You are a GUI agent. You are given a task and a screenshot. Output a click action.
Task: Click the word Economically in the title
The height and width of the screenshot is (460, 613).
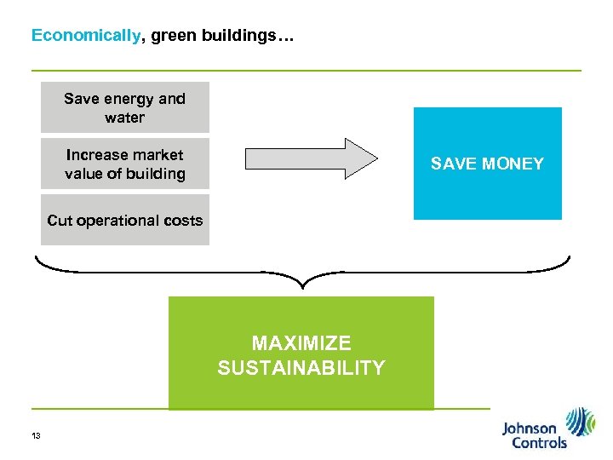86,36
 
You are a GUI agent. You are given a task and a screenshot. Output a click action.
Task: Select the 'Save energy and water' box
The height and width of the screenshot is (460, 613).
125,107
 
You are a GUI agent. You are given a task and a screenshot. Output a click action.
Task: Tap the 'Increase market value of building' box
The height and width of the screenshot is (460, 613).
125,164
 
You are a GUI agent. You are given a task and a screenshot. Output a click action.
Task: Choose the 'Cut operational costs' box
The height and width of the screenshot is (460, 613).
125,221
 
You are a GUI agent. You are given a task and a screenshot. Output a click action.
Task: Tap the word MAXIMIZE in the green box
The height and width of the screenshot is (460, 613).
301,343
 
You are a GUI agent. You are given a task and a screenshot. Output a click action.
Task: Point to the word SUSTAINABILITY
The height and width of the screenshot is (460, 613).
301,368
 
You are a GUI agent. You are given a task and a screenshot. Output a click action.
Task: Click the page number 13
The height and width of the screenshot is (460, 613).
36,436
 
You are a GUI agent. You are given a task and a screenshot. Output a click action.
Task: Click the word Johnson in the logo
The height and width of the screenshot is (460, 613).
529,429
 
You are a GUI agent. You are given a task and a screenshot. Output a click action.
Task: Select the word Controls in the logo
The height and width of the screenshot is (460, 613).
535,443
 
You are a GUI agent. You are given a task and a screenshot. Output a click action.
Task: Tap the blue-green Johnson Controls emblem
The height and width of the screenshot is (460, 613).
581,423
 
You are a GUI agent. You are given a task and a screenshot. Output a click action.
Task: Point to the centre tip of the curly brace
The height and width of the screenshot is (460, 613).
302,287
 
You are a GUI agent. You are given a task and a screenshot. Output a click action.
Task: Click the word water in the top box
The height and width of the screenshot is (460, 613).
125,118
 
